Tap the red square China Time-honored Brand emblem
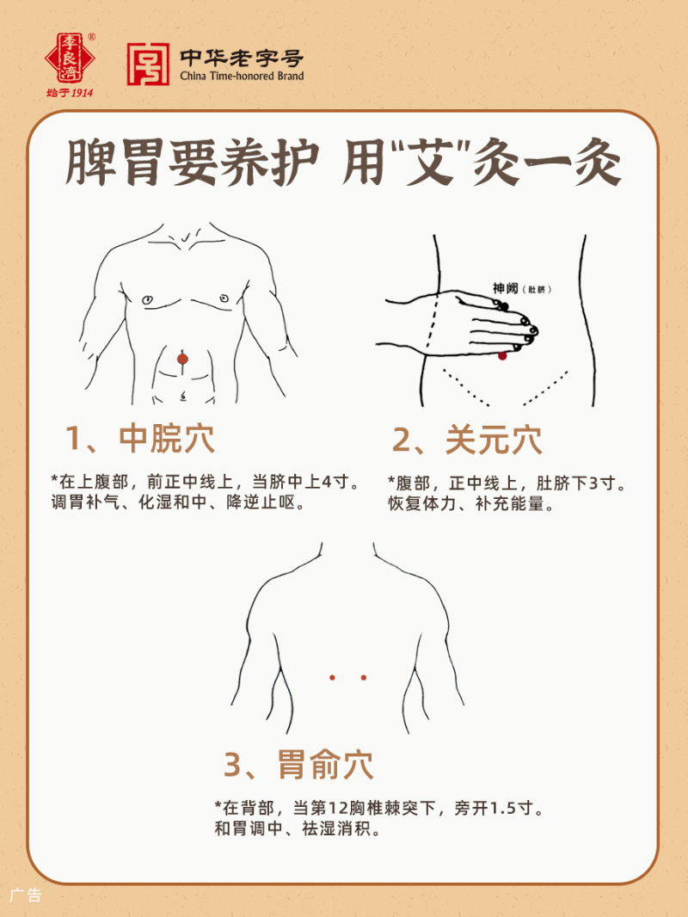coord(147,65)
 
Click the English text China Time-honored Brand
coord(242,76)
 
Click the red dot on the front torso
coord(182,358)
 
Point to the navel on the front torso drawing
coord(182,397)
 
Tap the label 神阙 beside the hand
coord(505,288)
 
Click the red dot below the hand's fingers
coord(503,355)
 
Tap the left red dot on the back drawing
coord(332,678)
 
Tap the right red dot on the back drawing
coord(363,678)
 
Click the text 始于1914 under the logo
coord(71,92)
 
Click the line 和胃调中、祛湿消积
coord(297,831)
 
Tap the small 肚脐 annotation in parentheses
coord(538,290)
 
